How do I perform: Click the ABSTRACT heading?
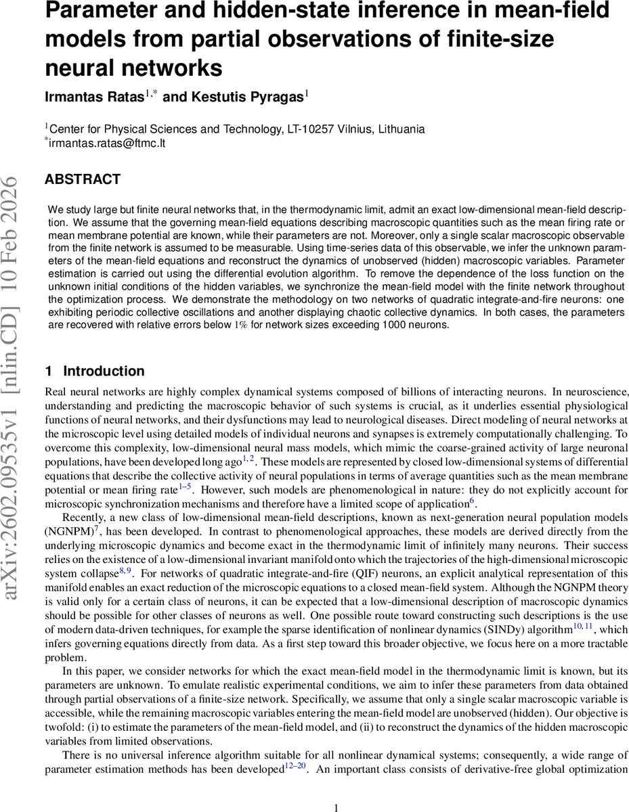pos(82,179)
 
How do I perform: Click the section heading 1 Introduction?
pos(94,371)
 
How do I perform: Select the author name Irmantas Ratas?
pos(95,97)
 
